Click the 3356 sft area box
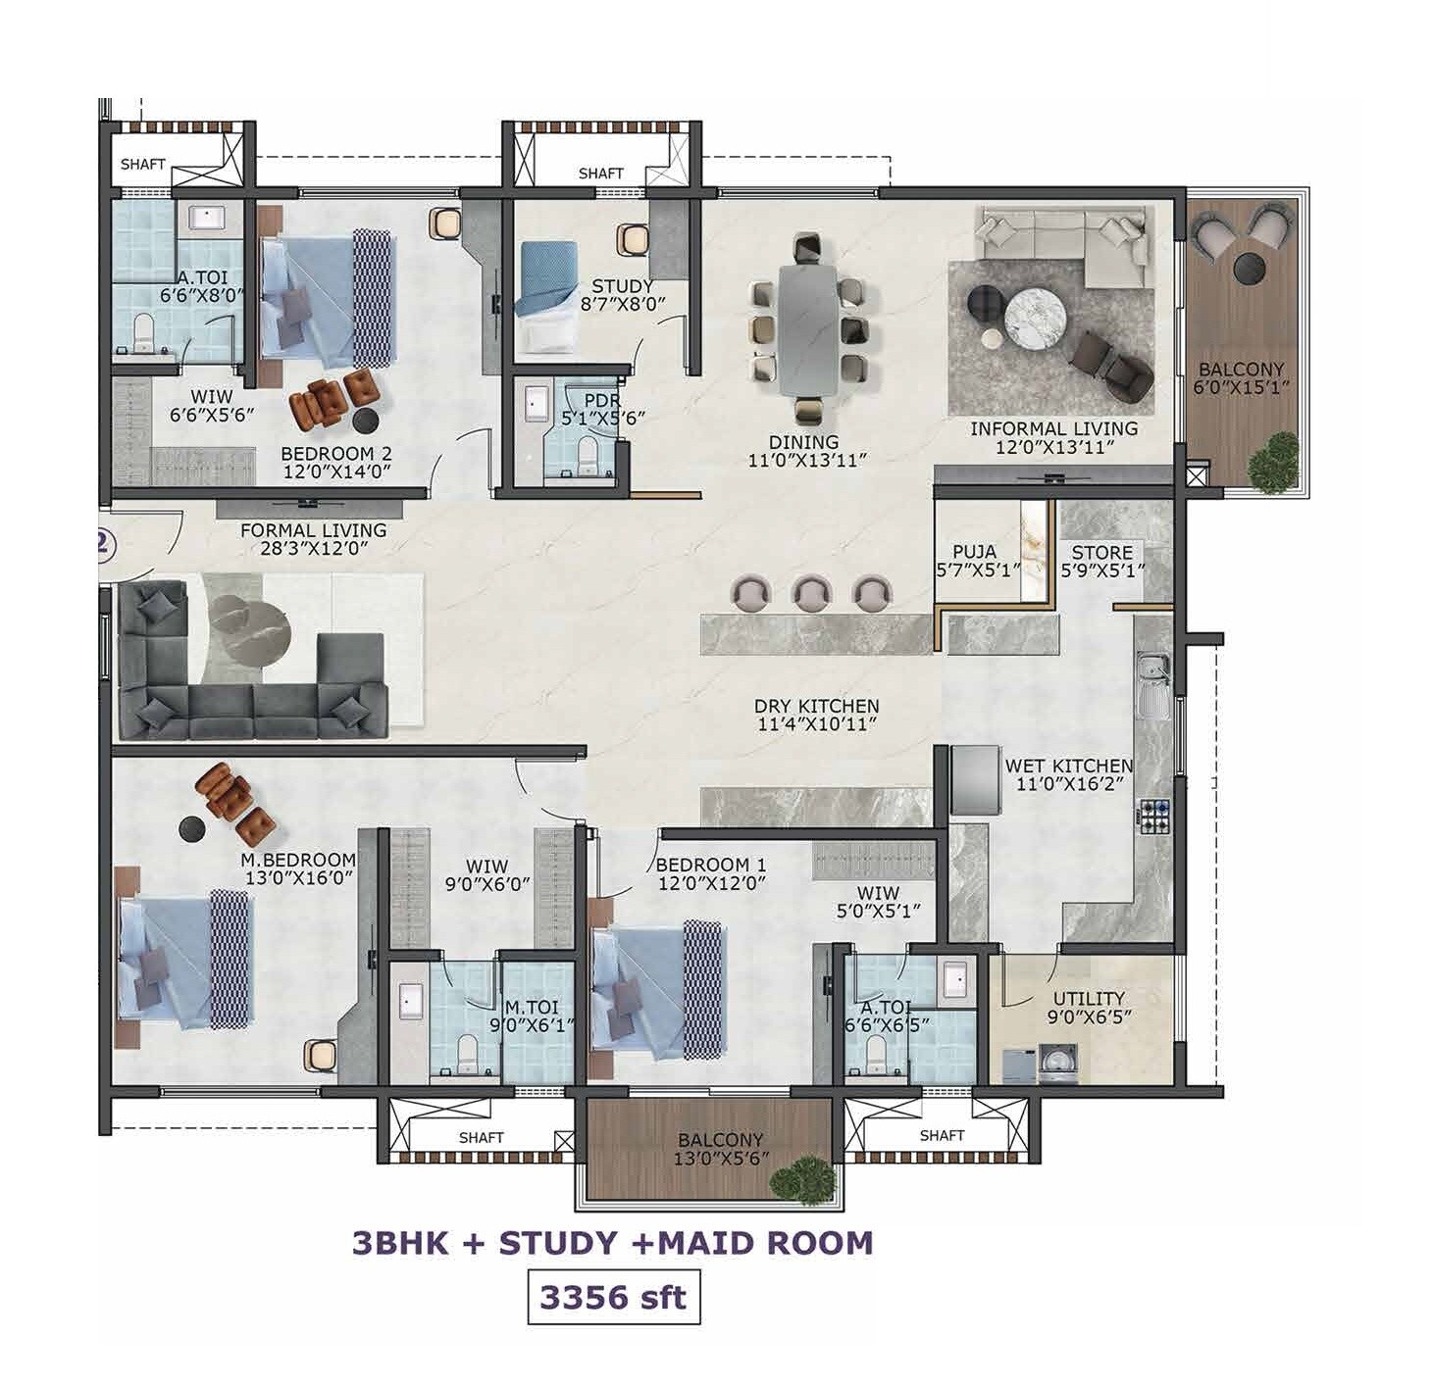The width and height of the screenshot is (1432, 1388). [613, 1297]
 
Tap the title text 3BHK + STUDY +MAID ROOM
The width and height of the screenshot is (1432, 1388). [612, 1243]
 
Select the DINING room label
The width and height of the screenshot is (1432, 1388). [803, 442]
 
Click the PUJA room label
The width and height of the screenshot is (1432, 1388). [974, 552]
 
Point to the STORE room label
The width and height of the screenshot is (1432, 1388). [1101, 553]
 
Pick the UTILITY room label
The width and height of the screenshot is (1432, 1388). [1089, 999]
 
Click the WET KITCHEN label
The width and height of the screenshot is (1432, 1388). [1068, 766]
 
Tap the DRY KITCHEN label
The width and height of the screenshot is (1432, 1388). [816, 706]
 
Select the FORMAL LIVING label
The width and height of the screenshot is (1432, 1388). [313, 530]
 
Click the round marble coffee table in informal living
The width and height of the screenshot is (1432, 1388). [1034, 315]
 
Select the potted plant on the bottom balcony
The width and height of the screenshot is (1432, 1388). [810, 1177]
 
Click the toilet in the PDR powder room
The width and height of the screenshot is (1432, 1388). [588, 454]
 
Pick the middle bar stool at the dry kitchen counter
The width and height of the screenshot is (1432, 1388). [811, 592]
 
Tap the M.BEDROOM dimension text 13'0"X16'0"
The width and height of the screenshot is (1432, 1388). [300, 879]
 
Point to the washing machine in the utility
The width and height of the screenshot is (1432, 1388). [1059, 1062]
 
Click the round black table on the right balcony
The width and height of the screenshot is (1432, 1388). [1250, 266]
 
